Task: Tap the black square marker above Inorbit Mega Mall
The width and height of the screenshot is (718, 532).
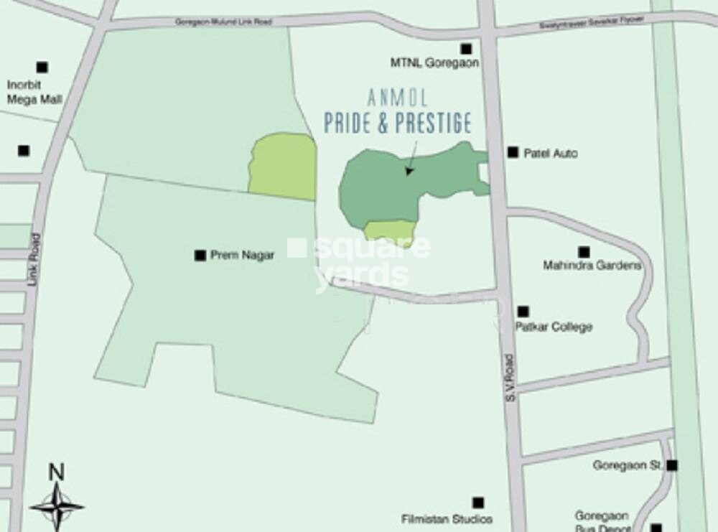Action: coord(42,67)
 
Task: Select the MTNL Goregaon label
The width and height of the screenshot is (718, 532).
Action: coord(434,62)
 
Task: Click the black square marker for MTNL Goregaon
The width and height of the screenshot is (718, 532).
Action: coord(466,49)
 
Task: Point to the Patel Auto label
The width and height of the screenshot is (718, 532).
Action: coord(551,153)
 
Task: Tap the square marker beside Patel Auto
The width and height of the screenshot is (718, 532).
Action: coord(513,152)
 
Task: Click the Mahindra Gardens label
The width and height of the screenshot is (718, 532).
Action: coord(592,266)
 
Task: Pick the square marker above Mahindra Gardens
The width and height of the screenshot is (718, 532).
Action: coord(584,252)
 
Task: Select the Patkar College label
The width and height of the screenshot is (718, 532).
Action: coord(554,327)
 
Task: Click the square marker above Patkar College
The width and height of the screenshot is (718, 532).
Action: coord(523,312)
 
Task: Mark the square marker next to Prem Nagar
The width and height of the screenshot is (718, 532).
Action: coord(200,255)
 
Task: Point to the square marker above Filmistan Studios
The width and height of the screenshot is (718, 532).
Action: coord(477,503)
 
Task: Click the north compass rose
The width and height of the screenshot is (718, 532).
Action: coord(56,505)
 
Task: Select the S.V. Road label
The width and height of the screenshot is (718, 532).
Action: coord(510,376)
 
